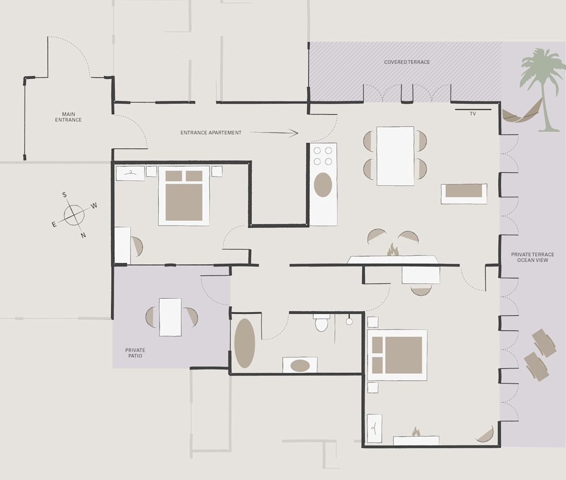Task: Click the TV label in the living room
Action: click(473, 114)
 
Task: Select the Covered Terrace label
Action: click(407, 62)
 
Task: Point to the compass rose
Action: click(74, 215)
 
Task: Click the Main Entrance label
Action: click(68, 117)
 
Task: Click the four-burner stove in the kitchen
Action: click(323, 156)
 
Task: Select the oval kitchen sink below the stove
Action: click(323, 184)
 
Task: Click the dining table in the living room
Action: click(395, 156)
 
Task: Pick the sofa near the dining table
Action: click(464, 194)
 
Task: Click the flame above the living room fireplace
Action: click(392, 250)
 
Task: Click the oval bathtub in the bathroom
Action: click(245, 343)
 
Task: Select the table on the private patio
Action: click(170, 317)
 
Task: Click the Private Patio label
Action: click(135, 353)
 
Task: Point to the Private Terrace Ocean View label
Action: click(533, 257)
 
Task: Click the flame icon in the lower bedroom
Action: click(416, 431)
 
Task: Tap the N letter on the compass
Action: click(83, 235)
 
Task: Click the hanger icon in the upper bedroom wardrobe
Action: click(130, 173)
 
